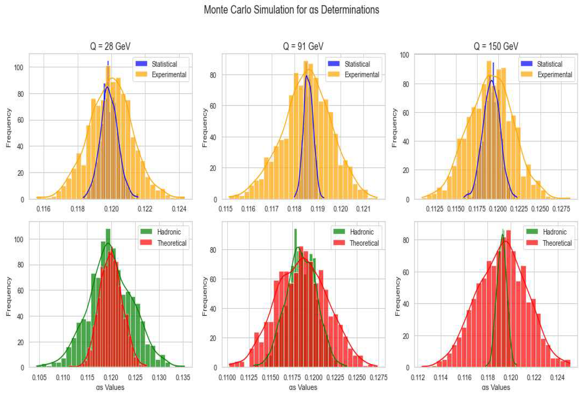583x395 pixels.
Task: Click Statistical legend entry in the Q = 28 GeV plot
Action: [164, 64]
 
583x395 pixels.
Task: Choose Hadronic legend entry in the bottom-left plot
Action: [169, 232]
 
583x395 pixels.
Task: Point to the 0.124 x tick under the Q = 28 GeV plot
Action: [179, 209]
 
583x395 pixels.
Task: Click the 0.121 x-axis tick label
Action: [363, 209]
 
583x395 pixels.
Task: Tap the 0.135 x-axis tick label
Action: [183, 377]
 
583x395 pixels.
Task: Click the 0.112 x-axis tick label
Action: [418, 377]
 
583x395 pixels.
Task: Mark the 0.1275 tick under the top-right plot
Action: [561, 209]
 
